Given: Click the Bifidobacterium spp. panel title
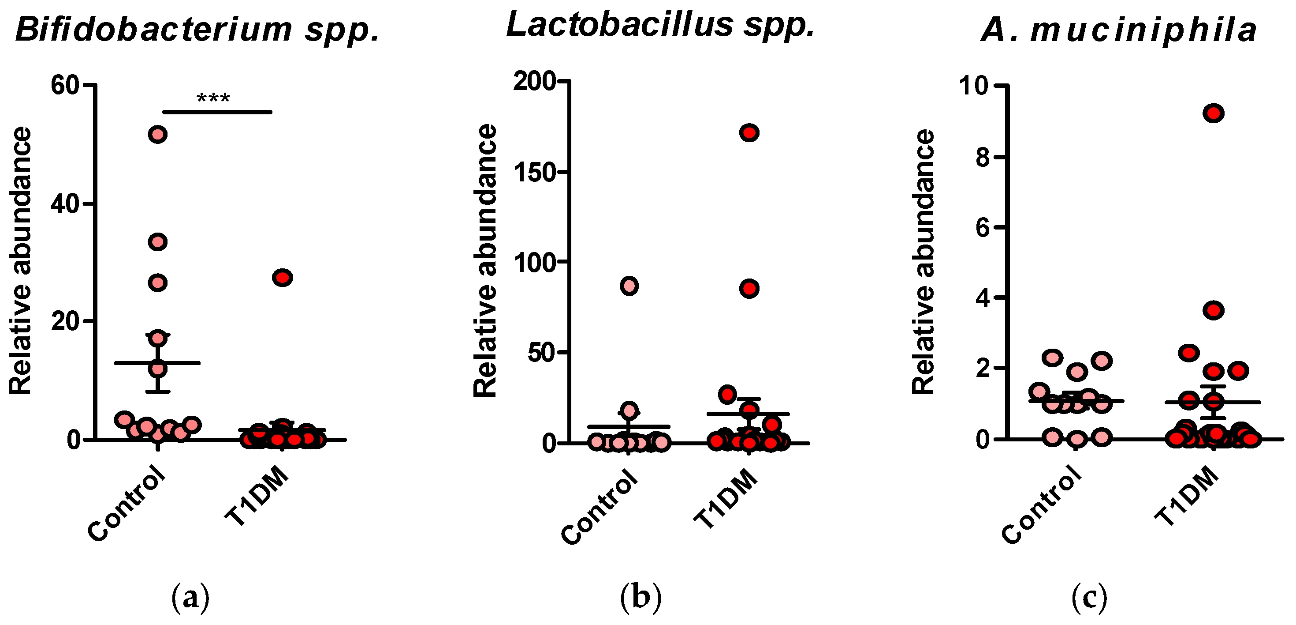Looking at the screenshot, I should [x=197, y=30].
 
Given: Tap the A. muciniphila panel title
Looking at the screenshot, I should [x=1118, y=30].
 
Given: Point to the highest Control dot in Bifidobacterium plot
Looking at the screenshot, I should [x=157, y=135].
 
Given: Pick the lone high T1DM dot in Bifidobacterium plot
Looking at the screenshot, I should [x=282, y=278].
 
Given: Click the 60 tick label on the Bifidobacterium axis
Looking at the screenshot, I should [x=65, y=85].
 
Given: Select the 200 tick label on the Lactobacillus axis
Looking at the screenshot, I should [x=534, y=81].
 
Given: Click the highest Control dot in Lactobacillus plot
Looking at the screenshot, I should [x=629, y=286].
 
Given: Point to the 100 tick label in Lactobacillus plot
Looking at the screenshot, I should [x=534, y=262].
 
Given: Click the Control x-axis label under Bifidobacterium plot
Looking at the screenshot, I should [x=127, y=504].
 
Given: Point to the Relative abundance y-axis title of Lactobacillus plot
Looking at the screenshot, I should [x=485, y=260].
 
